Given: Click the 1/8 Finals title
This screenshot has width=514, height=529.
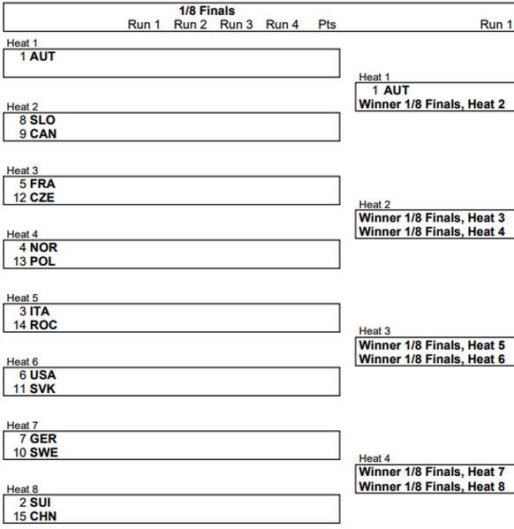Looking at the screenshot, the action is tap(207, 11).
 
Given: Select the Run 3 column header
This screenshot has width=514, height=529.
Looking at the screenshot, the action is tap(236, 25).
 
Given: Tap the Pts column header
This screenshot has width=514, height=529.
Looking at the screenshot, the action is tap(327, 25).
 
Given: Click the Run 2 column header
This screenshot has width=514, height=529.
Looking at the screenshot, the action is tap(190, 25).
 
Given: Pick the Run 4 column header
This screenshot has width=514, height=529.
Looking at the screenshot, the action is tap(282, 25).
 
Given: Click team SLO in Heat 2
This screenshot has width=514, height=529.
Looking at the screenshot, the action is tap(42, 120).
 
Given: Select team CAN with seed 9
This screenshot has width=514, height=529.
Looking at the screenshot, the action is tap(43, 134).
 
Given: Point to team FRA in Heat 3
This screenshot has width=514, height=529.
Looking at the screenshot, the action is tap(42, 184).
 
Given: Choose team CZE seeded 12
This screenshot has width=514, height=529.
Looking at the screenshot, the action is tap(42, 198).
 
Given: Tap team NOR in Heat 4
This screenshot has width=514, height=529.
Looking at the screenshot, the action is tap(43, 247).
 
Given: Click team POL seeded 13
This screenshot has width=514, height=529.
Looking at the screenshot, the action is tap(42, 261).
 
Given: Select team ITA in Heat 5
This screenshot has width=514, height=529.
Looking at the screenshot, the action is tap(40, 312).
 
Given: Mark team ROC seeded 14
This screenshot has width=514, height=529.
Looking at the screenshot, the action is tap(43, 325).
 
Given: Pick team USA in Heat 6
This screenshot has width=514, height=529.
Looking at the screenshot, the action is tap(43, 375).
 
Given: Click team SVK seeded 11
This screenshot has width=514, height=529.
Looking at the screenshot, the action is tap(42, 389).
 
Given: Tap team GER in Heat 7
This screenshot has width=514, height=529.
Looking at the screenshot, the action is tap(43, 439).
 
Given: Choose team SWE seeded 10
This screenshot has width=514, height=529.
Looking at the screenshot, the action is tap(44, 453).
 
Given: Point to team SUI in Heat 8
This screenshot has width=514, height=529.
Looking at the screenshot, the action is tap(40, 503).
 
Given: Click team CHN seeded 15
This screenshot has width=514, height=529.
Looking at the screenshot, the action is tap(43, 517).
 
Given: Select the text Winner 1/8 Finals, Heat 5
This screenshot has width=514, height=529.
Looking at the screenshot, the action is tap(432, 345).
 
